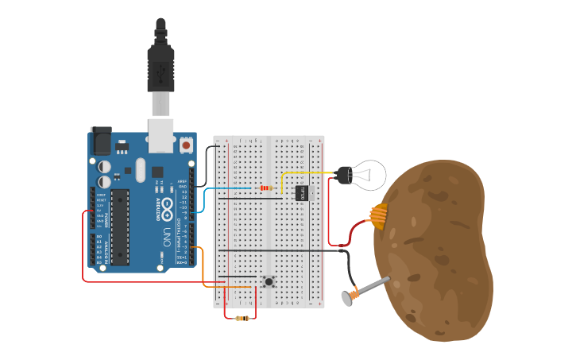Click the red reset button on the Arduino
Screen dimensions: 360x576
(x=186, y=145)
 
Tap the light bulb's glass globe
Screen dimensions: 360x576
(x=370, y=175)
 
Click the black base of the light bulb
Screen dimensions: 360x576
(x=345, y=175)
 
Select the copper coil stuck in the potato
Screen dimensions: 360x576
(x=379, y=215)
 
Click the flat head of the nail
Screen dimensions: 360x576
(x=347, y=298)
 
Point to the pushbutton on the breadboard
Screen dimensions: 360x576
(x=269, y=281)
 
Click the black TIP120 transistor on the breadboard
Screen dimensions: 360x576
(x=301, y=192)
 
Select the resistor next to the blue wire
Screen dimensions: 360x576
(x=265, y=188)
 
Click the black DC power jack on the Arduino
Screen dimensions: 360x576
(x=100, y=141)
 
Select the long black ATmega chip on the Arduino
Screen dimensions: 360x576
(x=119, y=226)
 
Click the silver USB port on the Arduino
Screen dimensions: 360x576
(x=160, y=135)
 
